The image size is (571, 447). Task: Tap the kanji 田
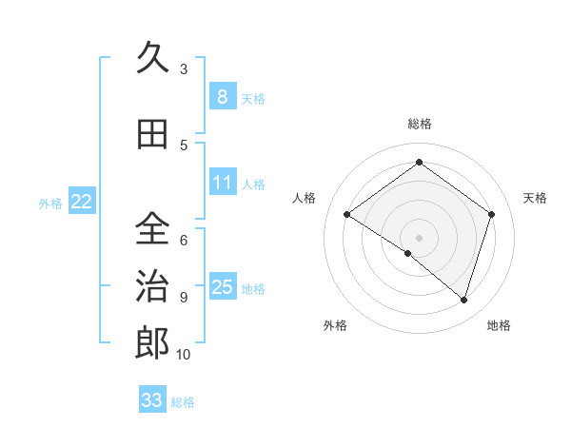[153, 134]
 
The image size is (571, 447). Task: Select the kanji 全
[153, 229]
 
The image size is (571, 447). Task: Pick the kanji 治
[153, 286]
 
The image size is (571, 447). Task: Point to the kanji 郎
[153, 343]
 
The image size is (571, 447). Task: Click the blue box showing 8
[222, 96]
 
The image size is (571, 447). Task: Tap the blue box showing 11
[222, 182]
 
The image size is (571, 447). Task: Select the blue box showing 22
[82, 201]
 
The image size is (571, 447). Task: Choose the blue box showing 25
[222, 286]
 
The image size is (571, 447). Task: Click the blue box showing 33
[152, 400]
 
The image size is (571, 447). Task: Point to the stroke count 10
[183, 355]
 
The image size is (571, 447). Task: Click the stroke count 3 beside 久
[183, 69]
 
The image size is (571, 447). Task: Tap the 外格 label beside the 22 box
[50, 203]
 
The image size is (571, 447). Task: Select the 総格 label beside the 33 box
[183, 402]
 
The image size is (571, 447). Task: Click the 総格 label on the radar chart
[419, 124]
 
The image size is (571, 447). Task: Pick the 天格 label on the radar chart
[535, 198]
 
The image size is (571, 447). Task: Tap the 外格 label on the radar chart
[335, 326]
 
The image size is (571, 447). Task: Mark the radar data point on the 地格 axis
[464, 301]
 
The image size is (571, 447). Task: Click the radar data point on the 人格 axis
[347, 215]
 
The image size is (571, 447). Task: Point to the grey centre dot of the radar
[419, 237]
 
